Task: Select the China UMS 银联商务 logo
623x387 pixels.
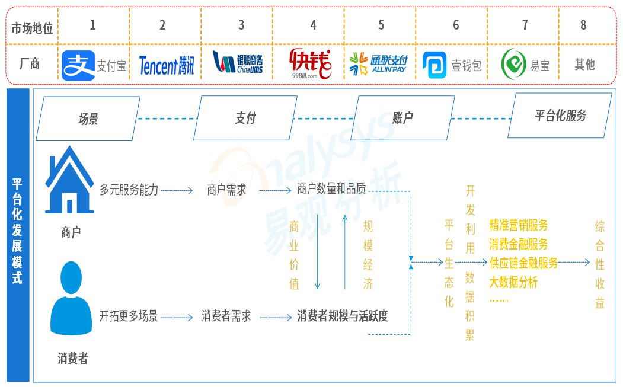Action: coord(238,62)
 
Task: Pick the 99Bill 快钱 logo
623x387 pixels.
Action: coord(310,63)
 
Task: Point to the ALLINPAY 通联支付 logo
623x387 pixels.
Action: coord(378,64)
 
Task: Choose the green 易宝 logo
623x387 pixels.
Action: coord(525,65)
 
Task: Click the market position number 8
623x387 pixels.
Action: coord(583,25)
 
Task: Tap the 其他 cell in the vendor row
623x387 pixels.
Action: coord(584,64)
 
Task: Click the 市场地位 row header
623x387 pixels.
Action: coord(32,28)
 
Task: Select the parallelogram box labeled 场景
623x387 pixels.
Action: coord(88,119)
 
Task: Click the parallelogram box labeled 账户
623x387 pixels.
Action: coord(402,117)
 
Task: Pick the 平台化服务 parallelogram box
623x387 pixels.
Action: coord(560,116)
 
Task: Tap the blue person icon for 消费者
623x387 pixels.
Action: coord(71,298)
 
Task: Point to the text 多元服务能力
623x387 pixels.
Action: coord(129,190)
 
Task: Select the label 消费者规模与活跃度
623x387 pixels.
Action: coord(343,316)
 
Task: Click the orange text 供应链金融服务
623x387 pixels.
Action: coord(523,263)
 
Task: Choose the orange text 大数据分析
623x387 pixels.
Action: coord(513,282)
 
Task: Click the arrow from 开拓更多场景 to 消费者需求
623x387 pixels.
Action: coord(177,318)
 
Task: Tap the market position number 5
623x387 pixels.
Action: coord(381,25)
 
